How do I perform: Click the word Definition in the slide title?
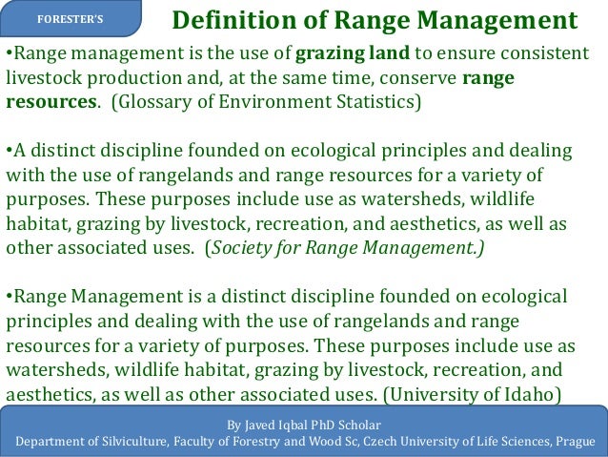222,20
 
